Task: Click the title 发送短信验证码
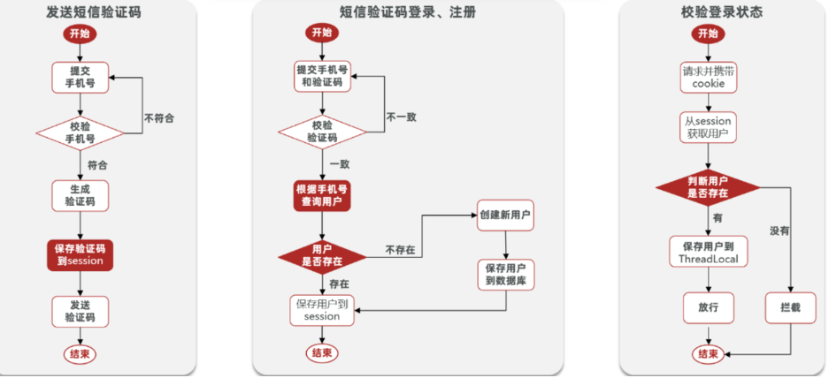tap(93, 12)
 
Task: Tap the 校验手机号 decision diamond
tap(81, 132)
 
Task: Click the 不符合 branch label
tap(158, 117)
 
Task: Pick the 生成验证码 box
tap(81, 195)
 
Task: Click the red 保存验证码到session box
tap(81, 254)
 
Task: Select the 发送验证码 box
tap(81, 309)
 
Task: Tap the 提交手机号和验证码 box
tap(322, 77)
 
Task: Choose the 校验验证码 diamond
tap(322, 132)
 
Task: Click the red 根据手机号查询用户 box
tap(322, 195)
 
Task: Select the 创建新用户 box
tap(505, 215)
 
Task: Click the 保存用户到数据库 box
tap(505, 275)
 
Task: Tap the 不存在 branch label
tap(401, 250)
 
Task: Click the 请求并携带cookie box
tap(708, 77)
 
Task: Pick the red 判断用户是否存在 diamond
tap(708, 186)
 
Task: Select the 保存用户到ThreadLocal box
tap(708, 253)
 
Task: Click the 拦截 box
tap(790, 307)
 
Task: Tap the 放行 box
tap(708, 307)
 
